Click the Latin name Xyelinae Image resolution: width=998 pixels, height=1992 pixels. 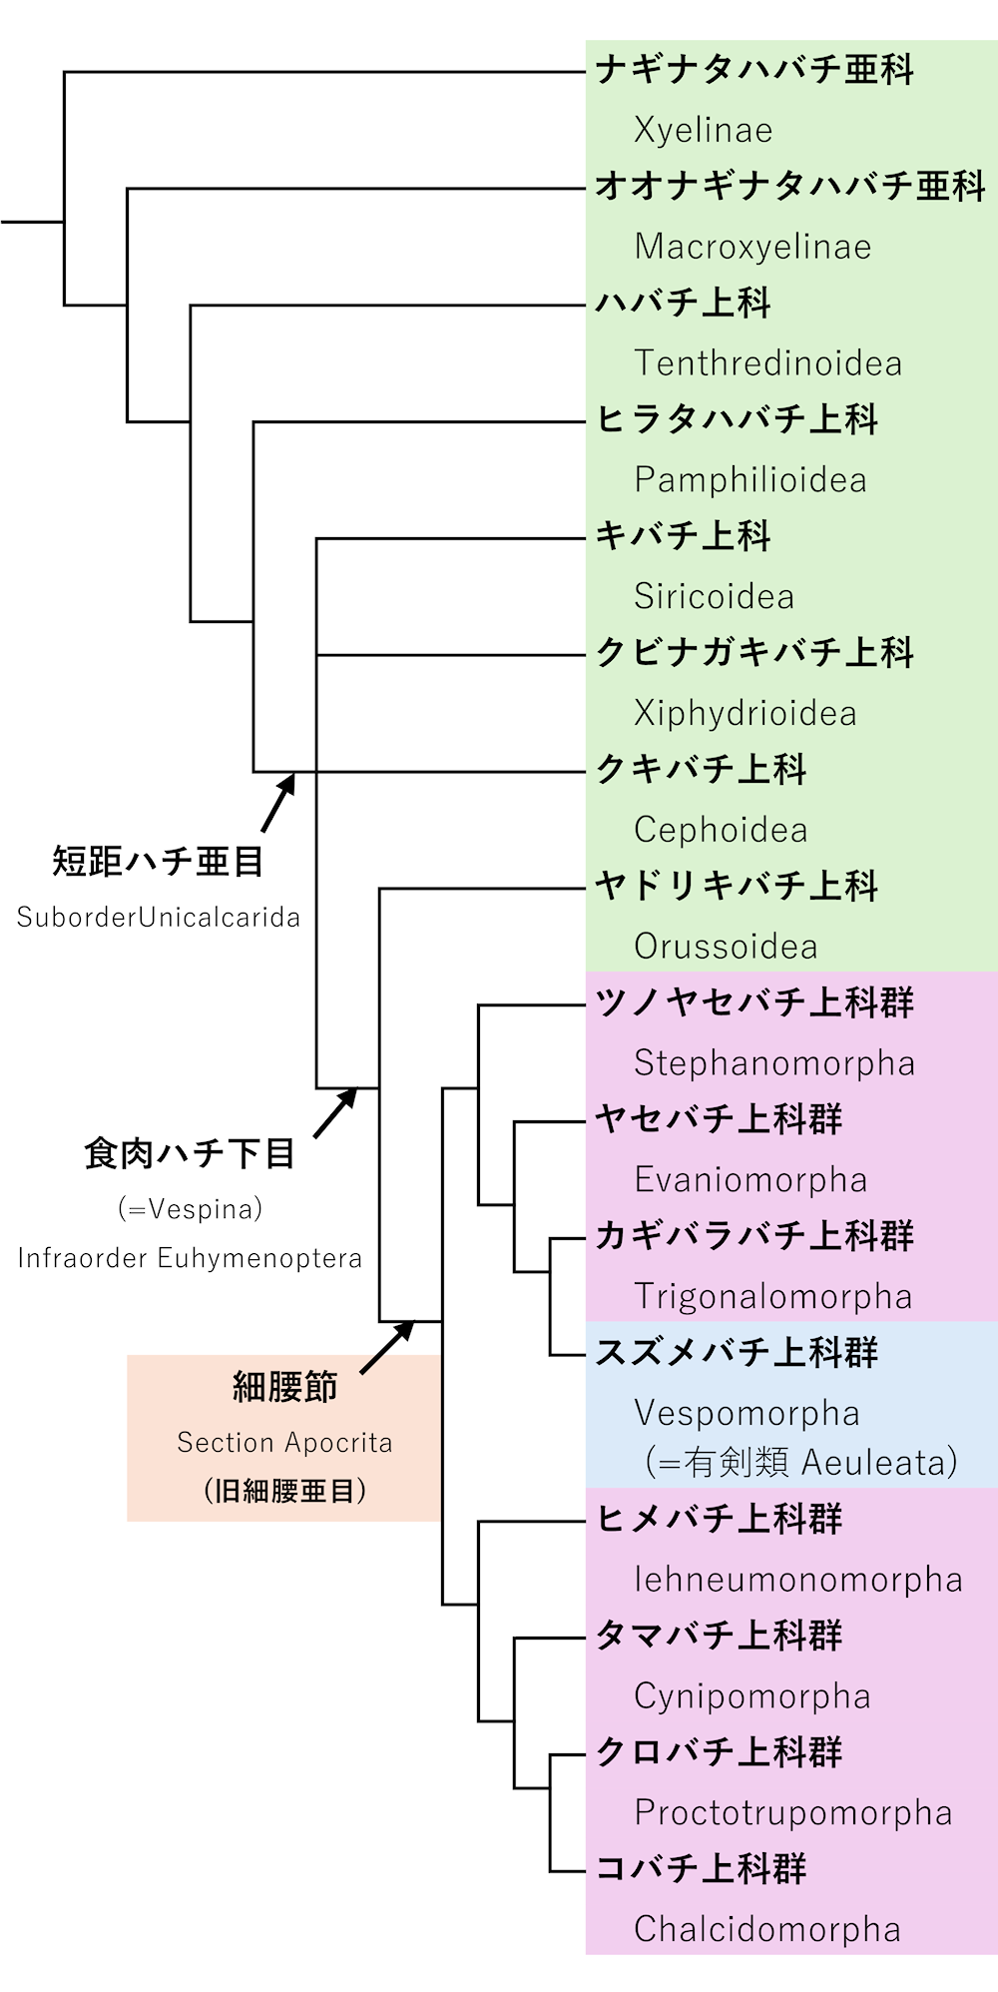click(703, 131)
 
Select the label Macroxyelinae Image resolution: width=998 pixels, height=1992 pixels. click(752, 247)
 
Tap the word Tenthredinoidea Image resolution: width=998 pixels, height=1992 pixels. click(767, 363)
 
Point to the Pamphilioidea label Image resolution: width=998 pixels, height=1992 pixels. click(749, 480)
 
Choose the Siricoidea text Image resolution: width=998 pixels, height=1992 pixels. click(714, 597)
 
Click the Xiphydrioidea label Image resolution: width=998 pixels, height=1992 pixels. click(745, 714)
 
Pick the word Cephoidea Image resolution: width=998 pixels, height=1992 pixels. click(720, 830)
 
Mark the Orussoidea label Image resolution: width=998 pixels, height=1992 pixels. click(726, 947)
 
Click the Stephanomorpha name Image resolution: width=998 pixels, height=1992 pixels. click(773, 1063)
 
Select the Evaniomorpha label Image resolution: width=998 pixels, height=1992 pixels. click(749, 1180)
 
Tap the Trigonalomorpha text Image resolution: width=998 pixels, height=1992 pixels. click(772, 1297)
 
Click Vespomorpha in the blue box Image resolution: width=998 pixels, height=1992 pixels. click(747, 1414)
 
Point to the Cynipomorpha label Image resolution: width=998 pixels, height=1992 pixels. click(751, 1696)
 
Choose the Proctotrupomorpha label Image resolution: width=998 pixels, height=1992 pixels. click(792, 1813)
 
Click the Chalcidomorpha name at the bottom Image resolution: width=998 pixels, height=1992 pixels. click(766, 1930)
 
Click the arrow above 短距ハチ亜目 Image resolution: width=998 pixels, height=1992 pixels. click(279, 802)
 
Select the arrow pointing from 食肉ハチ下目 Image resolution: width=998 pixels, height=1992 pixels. click(335, 1112)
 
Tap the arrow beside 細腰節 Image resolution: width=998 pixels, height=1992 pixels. click(387, 1346)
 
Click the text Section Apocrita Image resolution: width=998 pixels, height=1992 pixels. click(284, 1443)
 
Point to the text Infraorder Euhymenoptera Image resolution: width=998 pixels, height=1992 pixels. click(190, 1258)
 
